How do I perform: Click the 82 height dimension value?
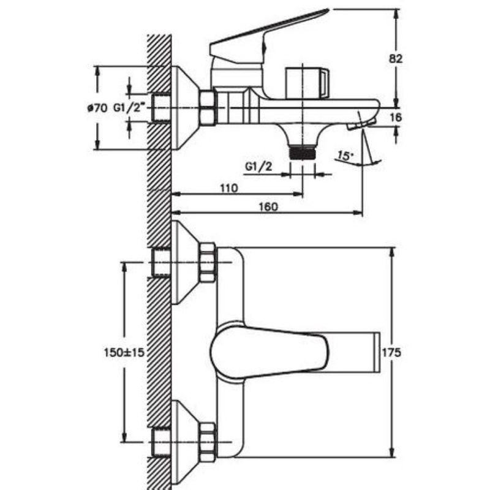(396, 59)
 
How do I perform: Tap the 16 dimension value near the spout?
(396, 117)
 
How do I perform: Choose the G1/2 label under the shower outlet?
(258, 167)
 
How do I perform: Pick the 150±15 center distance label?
(124, 354)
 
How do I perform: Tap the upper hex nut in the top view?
(208, 263)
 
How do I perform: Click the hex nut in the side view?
(207, 108)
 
